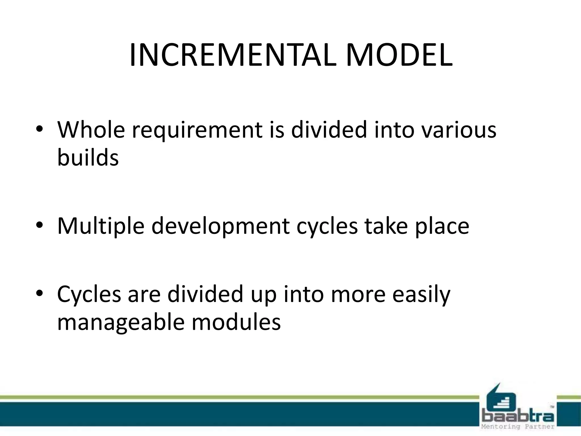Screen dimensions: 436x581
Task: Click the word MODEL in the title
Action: [x=399, y=56]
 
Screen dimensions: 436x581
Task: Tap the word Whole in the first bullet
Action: [x=91, y=130]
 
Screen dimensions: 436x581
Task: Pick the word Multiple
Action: [x=101, y=226]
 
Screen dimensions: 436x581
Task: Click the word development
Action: [x=220, y=226]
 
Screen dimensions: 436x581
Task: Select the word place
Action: [x=442, y=226]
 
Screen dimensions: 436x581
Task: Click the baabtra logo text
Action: [x=518, y=416]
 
